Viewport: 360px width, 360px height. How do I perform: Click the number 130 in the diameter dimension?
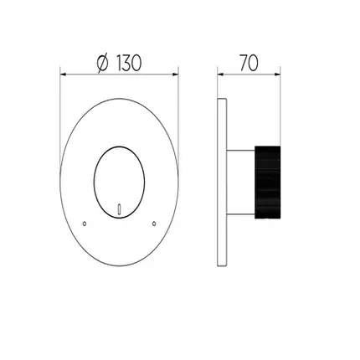[x=128, y=63]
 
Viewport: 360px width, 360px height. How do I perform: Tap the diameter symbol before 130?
[x=102, y=64]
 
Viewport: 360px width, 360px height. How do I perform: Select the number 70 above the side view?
[x=249, y=63]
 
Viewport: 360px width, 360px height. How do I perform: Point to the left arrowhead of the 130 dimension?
[x=63, y=75]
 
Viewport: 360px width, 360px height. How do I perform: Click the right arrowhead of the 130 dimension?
[x=176, y=75]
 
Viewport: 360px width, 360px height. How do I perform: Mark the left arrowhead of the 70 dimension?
[x=220, y=75]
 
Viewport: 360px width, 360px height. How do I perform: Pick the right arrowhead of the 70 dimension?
[x=277, y=75]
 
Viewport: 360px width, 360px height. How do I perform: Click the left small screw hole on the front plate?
[x=85, y=224]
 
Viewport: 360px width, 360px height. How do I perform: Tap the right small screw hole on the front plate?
[x=154, y=224]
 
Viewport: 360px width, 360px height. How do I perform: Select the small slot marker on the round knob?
[x=120, y=208]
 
